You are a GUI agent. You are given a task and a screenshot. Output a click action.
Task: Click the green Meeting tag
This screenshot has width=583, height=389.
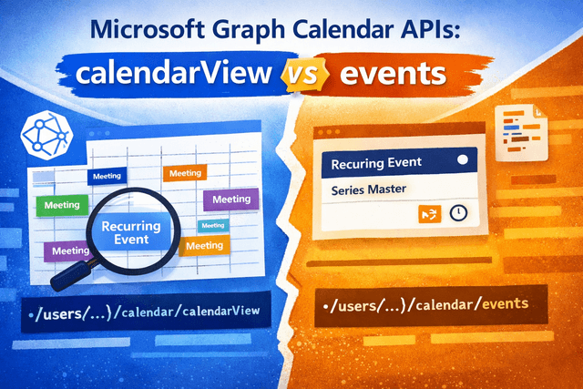pyautogui.click(x=61, y=206)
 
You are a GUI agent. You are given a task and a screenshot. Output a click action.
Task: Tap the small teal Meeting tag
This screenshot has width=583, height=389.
pyautogui.click(x=213, y=225)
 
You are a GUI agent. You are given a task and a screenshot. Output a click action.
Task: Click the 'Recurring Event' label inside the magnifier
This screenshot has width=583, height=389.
pyautogui.click(x=131, y=232)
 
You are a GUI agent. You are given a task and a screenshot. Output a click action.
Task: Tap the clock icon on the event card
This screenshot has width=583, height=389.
pyautogui.click(x=459, y=212)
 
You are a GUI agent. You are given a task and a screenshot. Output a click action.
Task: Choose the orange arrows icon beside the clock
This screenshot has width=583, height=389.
pyautogui.click(x=428, y=212)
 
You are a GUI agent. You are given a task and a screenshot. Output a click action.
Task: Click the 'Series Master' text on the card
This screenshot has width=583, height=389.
pyautogui.click(x=373, y=189)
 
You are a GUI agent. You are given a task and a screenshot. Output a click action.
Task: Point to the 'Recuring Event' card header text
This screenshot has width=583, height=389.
pyautogui.click(x=377, y=162)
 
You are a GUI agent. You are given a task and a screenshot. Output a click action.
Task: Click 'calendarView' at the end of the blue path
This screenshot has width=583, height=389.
pyautogui.click(x=220, y=312)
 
